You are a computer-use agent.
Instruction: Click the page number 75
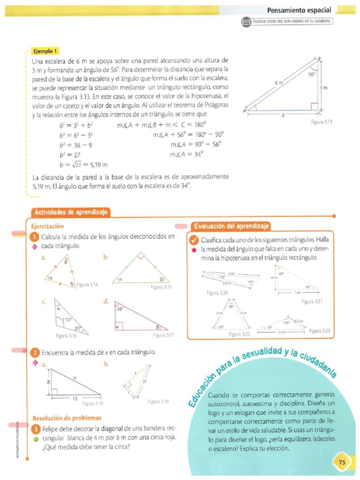[x=342, y=462]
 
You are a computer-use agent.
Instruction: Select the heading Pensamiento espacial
[x=299, y=10]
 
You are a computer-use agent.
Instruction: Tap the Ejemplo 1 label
[x=45, y=51]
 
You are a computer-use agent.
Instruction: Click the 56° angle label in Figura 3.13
[x=312, y=74]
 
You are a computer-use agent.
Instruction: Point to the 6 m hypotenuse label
[x=279, y=83]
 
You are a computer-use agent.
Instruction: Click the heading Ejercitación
[x=47, y=226]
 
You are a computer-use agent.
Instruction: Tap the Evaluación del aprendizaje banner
[x=232, y=226]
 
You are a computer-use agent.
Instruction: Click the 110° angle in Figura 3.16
[x=67, y=320]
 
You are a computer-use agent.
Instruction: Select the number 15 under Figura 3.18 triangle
[x=75, y=398]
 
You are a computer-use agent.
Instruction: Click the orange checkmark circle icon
[x=193, y=240]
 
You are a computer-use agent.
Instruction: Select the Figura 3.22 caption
[x=240, y=334]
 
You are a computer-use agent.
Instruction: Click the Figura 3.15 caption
[x=160, y=287]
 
